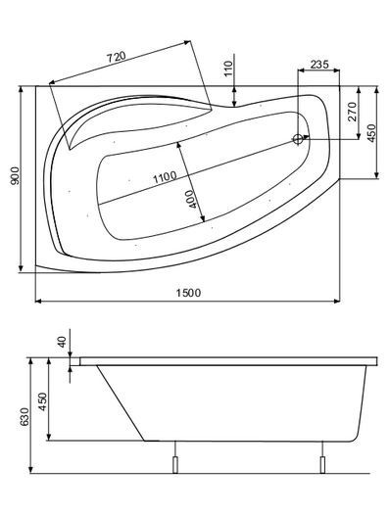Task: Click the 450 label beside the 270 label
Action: [x=372, y=132]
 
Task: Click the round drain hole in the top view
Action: [x=297, y=139]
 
